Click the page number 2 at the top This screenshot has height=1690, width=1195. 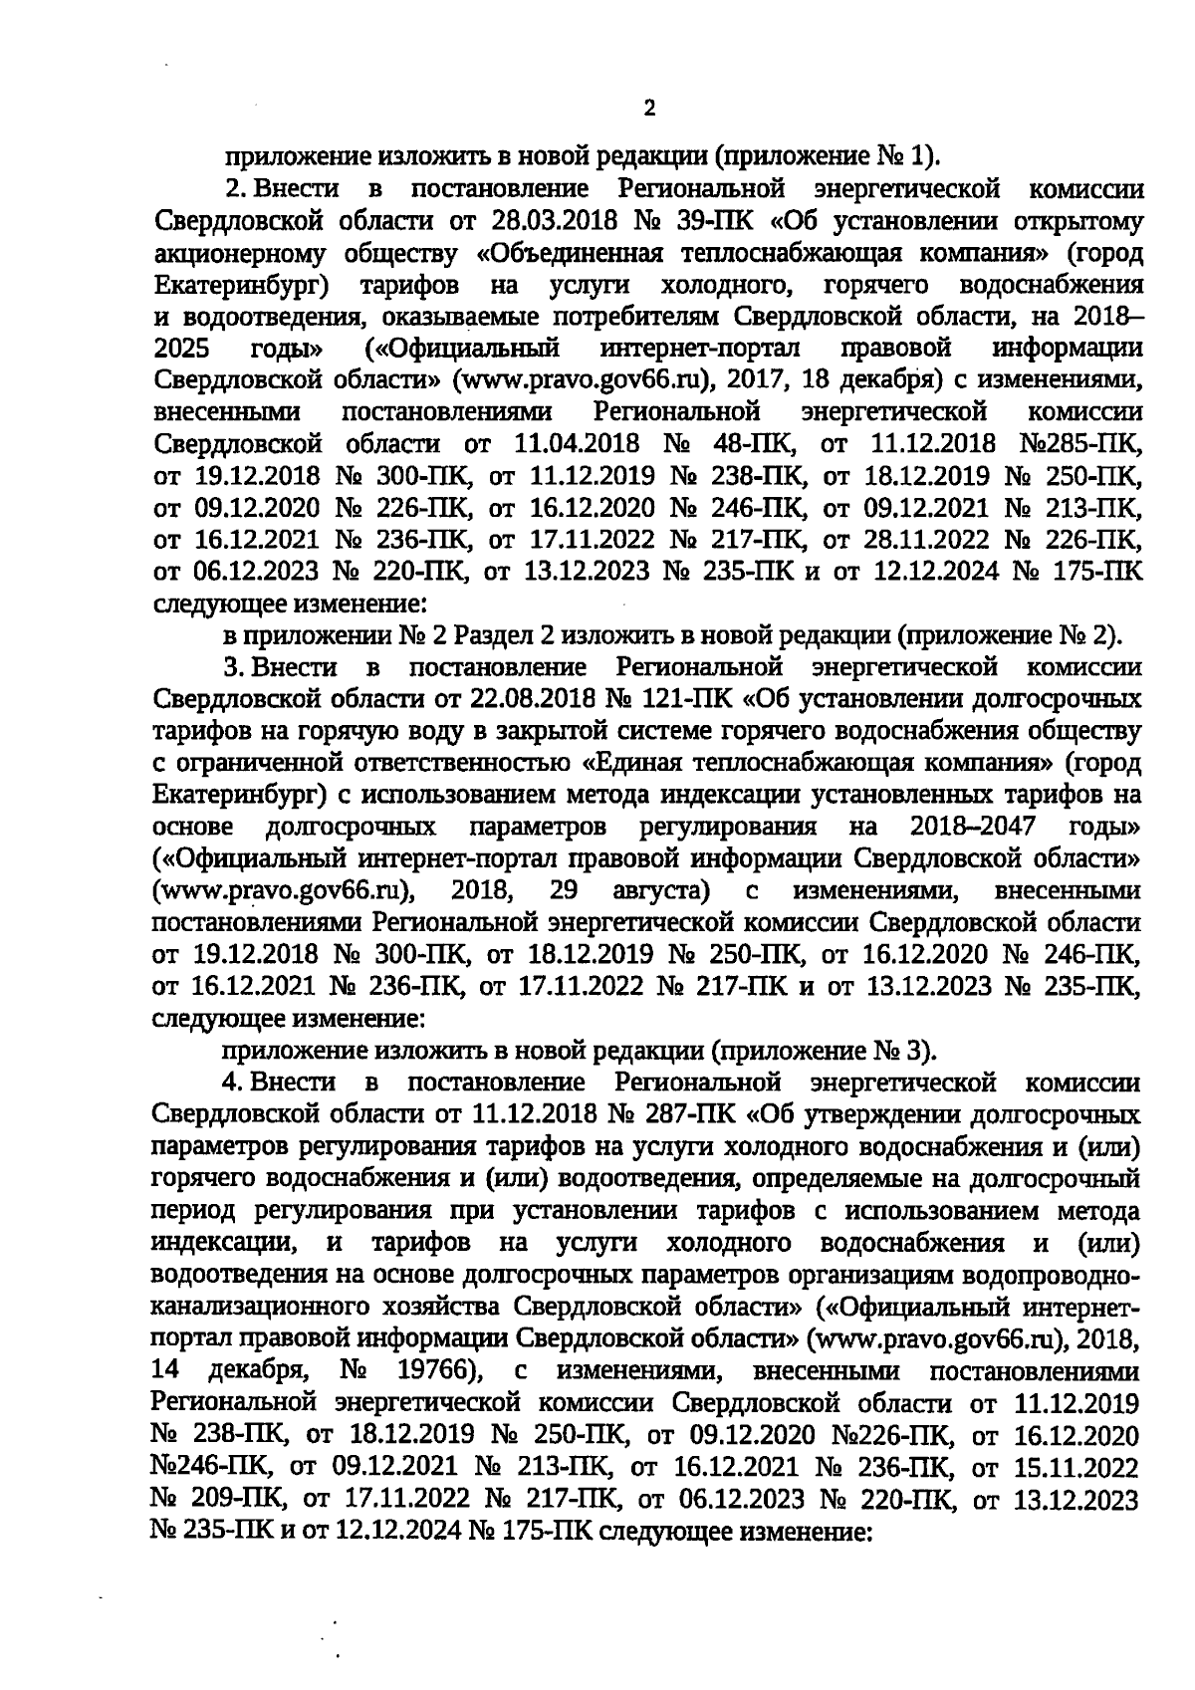pyautogui.click(x=649, y=109)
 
